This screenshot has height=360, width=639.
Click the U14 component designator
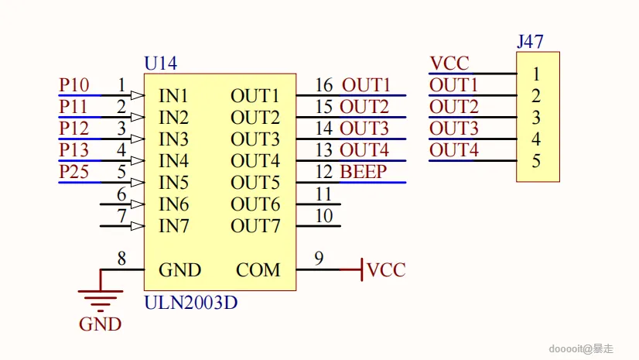(161, 63)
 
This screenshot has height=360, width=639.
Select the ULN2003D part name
(190, 303)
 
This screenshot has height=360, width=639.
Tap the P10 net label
(73, 85)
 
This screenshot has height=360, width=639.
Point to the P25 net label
(73, 172)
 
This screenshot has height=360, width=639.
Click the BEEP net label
(363, 172)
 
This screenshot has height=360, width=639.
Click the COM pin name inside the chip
(258, 270)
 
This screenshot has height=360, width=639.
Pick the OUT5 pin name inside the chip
(255, 183)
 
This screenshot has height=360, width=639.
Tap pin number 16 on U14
(324, 84)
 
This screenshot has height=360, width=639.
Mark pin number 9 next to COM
(319, 259)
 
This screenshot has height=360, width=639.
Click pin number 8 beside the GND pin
(121, 259)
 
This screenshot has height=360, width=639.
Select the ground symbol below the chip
(101, 295)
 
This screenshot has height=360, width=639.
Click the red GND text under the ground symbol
(101, 324)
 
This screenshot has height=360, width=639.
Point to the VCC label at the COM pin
(386, 270)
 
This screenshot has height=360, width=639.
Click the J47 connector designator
(530, 42)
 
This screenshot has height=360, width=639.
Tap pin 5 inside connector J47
(535, 161)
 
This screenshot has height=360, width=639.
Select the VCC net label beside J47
(449, 63)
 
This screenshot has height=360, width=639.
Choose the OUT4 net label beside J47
(454, 149)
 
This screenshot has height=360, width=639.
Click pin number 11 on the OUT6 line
(324, 194)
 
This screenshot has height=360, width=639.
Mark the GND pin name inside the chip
(179, 270)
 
